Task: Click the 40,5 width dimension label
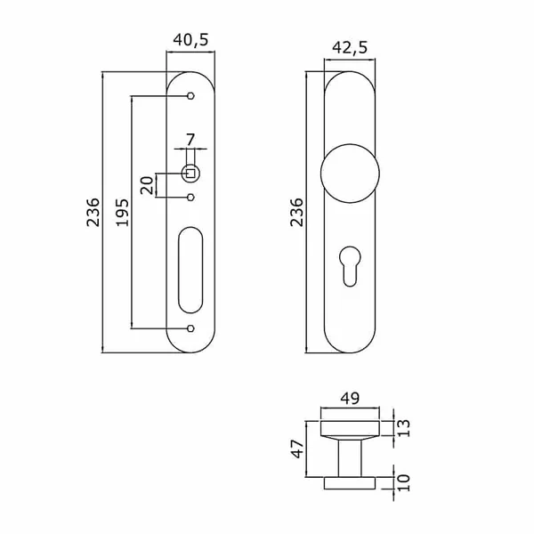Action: (190, 40)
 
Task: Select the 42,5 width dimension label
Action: (350, 48)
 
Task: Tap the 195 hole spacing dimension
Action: (123, 213)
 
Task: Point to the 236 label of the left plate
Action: (93, 213)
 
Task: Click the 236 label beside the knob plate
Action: (296, 213)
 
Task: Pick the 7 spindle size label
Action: (190, 140)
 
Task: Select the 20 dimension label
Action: (148, 185)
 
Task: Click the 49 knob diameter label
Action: (350, 398)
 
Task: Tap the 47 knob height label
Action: (297, 449)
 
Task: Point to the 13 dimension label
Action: (404, 428)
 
